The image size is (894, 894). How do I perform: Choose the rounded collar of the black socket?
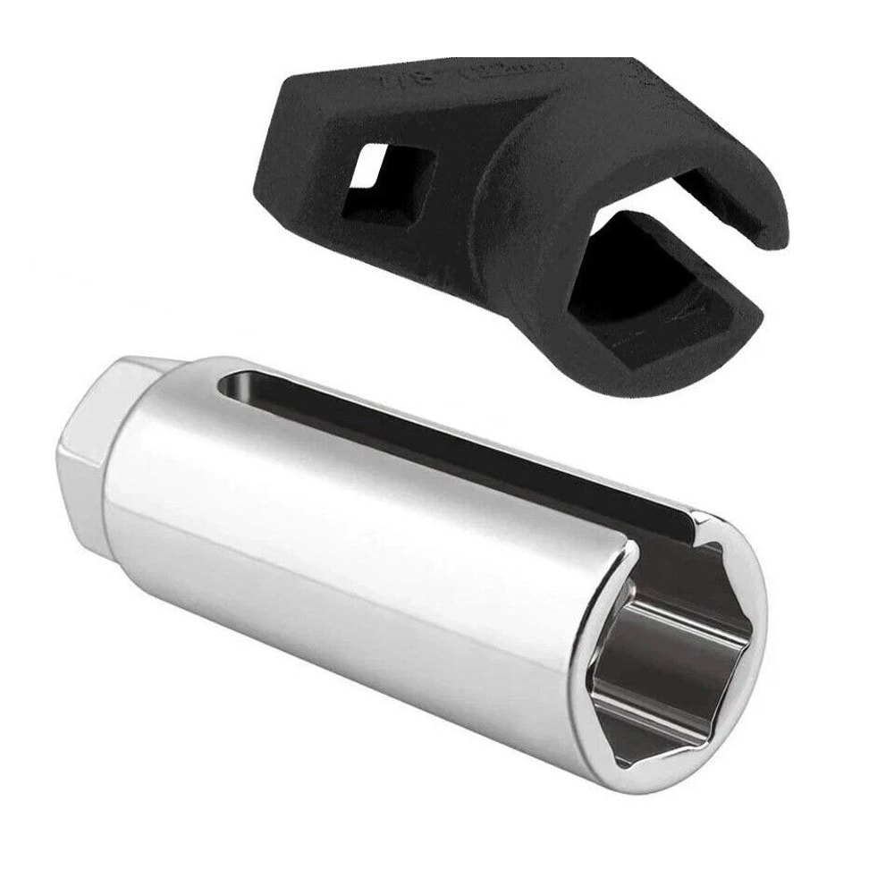pos(536,206)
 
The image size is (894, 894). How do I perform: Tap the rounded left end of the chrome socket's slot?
pos(234,386)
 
